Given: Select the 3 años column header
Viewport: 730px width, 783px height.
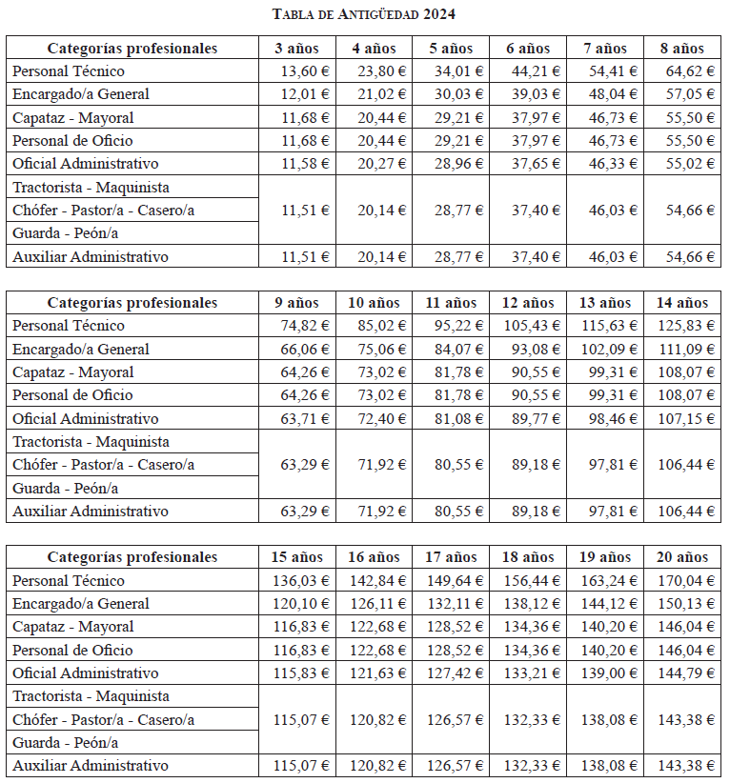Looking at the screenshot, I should click(295, 49).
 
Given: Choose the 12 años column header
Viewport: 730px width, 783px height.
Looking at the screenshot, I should click(528, 303).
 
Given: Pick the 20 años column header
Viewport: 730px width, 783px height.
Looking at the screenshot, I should click(682, 557).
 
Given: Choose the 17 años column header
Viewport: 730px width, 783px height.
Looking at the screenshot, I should click(451, 557).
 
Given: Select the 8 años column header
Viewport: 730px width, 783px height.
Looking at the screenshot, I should click(682, 49).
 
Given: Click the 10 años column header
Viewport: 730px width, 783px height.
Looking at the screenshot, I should click(374, 303).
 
